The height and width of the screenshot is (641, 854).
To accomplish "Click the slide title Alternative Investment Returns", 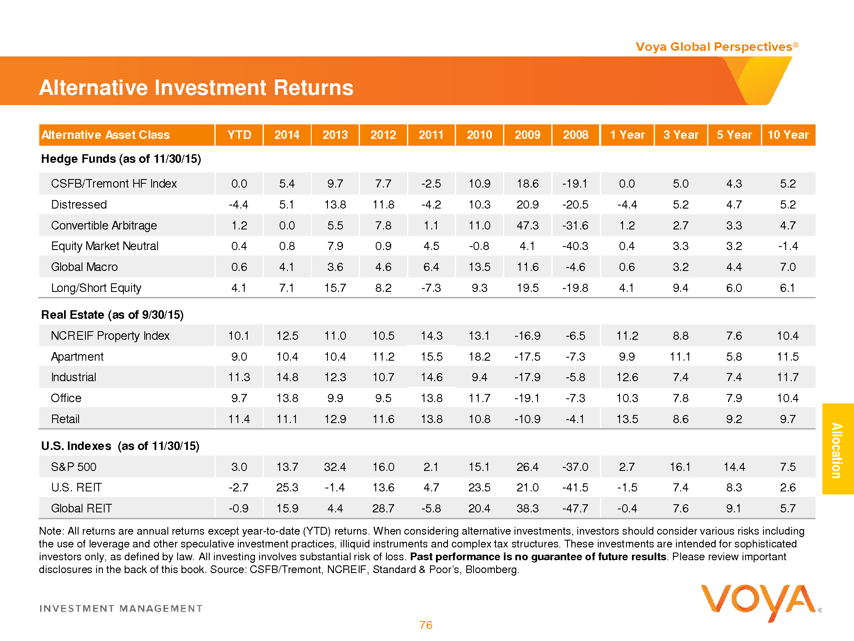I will [x=196, y=88].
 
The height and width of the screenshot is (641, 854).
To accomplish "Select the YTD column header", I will [x=239, y=135].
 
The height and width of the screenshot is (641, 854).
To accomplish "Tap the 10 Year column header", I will [x=788, y=135].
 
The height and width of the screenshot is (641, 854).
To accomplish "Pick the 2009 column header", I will [x=527, y=135].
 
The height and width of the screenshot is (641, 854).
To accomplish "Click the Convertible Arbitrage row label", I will [x=104, y=225].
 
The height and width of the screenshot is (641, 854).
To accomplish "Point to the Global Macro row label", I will [x=84, y=267].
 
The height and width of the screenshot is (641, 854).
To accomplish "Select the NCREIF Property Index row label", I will [x=110, y=336].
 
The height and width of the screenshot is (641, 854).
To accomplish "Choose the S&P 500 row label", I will [x=73, y=467].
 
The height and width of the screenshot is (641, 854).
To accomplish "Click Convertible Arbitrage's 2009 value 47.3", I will [x=527, y=225].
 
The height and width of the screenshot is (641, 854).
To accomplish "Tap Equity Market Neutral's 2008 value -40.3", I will [x=575, y=246].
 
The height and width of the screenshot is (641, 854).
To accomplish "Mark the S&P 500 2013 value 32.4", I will [x=335, y=467].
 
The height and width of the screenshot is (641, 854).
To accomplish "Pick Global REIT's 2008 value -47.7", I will [x=575, y=509].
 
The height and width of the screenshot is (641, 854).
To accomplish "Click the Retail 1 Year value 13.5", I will [x=627, y=419].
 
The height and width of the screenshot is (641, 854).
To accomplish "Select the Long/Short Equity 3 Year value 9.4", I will [x=680, y=288].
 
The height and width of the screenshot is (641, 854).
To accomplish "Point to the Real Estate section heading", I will [x=112, y=315].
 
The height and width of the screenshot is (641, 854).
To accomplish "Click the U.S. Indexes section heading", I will [x=120, y=446].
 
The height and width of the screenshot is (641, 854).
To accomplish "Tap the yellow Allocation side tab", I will [x=837, y=449].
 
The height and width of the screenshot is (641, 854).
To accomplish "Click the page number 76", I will [x=426, y=625].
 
